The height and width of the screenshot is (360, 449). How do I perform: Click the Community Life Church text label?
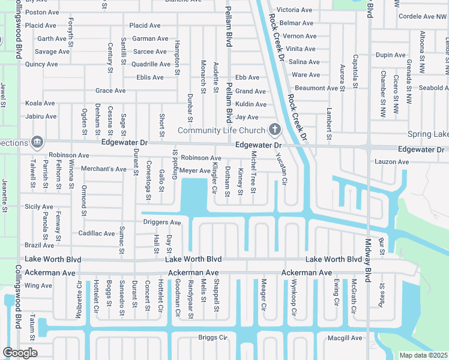[x=221, y=130]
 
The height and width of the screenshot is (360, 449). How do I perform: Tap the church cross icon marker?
[x=275, y=129]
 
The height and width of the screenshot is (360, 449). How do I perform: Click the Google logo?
[x=20, y=352]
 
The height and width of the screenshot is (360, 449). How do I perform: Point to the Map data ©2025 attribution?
[x=423, y=355]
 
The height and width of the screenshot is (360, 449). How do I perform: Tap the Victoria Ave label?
[x=295, y=10]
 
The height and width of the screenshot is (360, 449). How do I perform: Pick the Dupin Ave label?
[x=391, y=55]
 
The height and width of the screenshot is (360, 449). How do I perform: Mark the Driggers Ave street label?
[x=162, y=223]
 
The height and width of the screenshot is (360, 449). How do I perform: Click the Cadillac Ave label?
[x=97, y=233]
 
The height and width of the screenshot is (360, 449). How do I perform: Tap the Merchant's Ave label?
[x=104, y=169]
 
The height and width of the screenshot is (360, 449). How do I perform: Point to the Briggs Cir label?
[x=213, y=338]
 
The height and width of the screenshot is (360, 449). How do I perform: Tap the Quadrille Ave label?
[x=149, y=64]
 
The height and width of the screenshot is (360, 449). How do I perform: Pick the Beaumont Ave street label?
[x=317, y=88]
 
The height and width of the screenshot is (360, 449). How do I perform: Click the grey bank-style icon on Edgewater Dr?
[x=37, y=142]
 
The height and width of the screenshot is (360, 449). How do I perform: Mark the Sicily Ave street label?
[x=39, y=206]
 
